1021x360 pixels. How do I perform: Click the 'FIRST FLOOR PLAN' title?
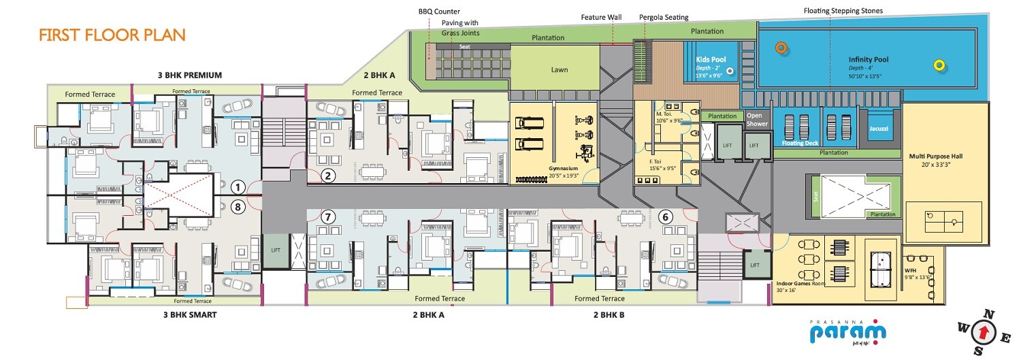pos(112,35)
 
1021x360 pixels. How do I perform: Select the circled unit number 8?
pos(237,206)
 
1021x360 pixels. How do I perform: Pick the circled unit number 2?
pos(328,176)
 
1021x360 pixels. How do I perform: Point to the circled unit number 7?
pos(328,217)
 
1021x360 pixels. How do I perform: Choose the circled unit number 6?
pos(666,217)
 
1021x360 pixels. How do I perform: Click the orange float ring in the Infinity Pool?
pos(781,47)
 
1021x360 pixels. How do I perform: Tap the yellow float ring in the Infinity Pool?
pos(939,65)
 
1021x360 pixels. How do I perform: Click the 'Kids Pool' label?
pos(711,60)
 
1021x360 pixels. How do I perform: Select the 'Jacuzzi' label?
pos(879,128)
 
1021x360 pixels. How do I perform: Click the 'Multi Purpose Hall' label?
pos(935,156)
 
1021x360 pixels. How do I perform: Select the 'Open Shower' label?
pos(757,120)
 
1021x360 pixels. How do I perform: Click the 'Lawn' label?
pos(559,69)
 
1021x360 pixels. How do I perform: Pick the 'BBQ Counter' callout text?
pos(439,12)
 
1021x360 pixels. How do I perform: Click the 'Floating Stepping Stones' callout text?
pos(843,11)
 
